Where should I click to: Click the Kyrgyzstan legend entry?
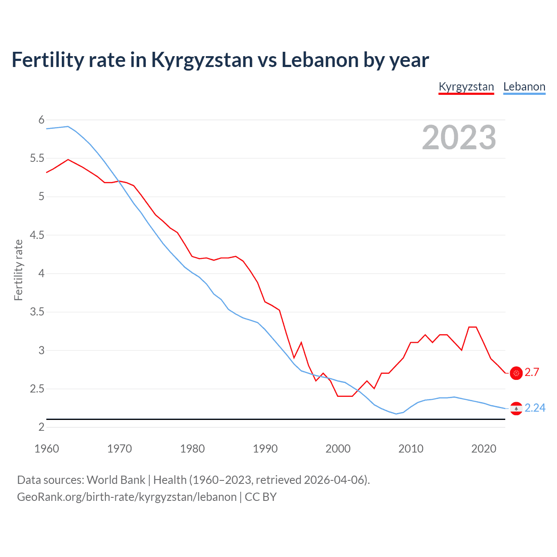[466, 87]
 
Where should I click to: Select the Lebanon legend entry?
[524, 87]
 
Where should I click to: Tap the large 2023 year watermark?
[459, 138]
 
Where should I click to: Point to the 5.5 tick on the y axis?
[37, 158]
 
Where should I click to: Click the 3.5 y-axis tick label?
[37, 312]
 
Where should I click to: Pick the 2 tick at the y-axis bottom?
[41, 427]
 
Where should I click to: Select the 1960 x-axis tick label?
[47, 449]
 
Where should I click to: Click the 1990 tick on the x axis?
[265, 449]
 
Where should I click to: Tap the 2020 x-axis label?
[483, 449]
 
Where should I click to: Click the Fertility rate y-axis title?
[18, 270]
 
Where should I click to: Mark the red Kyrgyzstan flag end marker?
[516, 373]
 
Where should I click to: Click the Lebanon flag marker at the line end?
[516, 409]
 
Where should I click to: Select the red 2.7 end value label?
[532, 372]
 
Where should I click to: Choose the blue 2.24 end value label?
[535, 408]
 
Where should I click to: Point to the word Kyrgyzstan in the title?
[202, 60]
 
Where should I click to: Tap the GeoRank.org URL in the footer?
[127, 497]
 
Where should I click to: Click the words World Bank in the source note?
[116, 480]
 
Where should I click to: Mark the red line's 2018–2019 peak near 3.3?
[473, 327]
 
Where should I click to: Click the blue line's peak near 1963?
[68, 126]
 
